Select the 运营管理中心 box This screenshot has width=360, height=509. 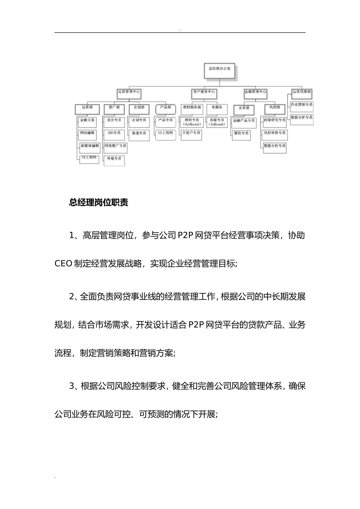pyautogui.click(x=129, y=92)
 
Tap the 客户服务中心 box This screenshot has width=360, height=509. pyautogui.click(x=204, y=92)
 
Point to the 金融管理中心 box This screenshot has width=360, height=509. pyautogui.click(x=255, y=92)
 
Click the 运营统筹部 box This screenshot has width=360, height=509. pyautogui.click(x=302, y=92)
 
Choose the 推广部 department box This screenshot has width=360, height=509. pyautogui.click(x=114, y=108)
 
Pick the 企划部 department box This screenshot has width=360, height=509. pyautogui.click(x=139, y=108)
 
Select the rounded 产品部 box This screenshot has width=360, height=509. pyautogui.click(x=166, y=108)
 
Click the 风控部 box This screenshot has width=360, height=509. pyautogui.click(x=275, y=108)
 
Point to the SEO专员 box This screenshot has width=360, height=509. pyautogui.click(x=114, y=133)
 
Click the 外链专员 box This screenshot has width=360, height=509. pyautogui.click(x=114, y=159)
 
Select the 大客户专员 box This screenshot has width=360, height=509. pyautogui.click(x=191, y=133)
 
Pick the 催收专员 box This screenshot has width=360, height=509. pyautogui.click(x=241, y=134)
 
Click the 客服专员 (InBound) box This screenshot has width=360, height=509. pyautogui.click(x=217, y=122)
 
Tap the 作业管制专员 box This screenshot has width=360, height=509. pyautogui.click(x=302, y=105)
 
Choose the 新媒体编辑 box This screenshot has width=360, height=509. pyautogui.click(x=89, y=146)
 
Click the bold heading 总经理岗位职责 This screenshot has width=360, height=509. pyautogui.click(x=99, y=203)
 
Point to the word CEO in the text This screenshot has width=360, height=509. pyautogui.click(x=63, y=264)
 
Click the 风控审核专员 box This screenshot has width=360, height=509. pyautogui.click(x=275, y=133)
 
